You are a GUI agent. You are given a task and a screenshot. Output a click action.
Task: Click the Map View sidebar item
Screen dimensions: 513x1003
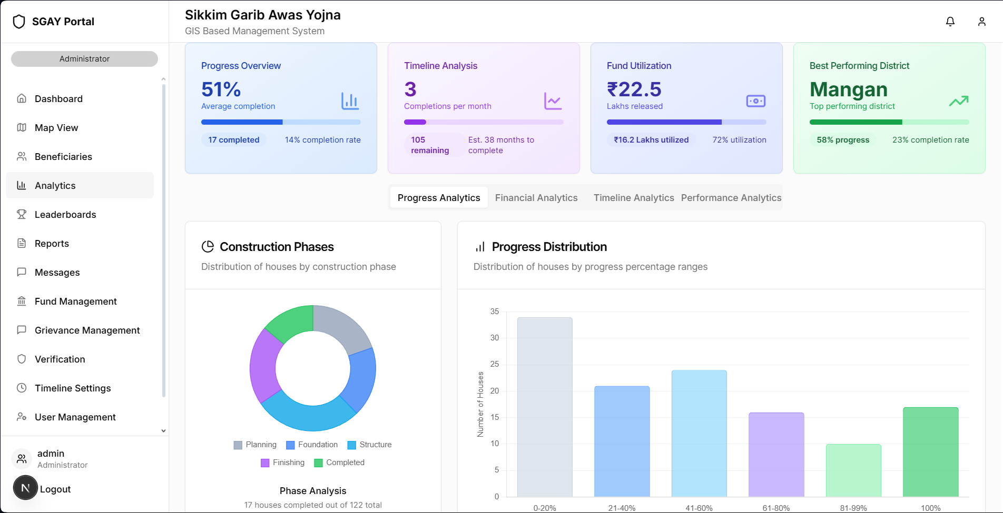pos(56,128)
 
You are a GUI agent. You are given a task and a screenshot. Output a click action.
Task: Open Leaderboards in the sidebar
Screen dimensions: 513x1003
pos(65,215)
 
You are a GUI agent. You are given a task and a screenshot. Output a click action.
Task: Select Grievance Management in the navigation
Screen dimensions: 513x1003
pos(87,330)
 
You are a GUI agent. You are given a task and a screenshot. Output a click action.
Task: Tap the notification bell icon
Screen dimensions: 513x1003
pos(950,22)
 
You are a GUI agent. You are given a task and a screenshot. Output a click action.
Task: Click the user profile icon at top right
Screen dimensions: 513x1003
pos(981,22)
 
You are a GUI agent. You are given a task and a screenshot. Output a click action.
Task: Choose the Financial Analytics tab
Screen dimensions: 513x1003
pos(536,198)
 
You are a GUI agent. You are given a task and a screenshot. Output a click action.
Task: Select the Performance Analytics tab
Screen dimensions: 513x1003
pos(731,198)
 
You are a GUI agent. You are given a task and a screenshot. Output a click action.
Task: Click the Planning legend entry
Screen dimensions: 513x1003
pos(255,445)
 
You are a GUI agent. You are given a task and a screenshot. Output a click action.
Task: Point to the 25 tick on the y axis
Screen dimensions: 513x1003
pos(494,364)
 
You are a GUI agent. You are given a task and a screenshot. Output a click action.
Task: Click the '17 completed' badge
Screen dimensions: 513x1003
pos(233,140)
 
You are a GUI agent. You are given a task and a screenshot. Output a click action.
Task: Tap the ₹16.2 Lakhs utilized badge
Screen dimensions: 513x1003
pos(651,140)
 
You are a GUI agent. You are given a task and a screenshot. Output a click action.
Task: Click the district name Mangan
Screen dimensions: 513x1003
pos(848,89)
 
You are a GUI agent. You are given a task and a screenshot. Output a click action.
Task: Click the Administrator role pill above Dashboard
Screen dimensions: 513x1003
pos(84,59)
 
